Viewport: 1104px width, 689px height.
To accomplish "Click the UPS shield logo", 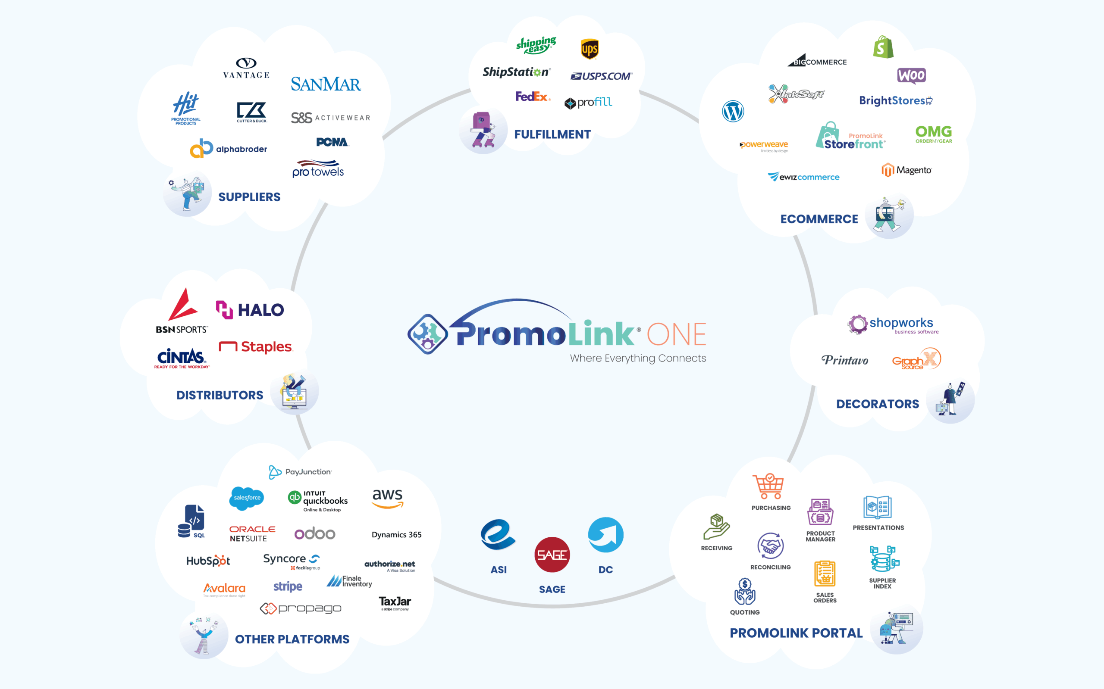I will point(589,49).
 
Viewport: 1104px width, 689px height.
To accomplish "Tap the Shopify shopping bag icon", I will point(883,47).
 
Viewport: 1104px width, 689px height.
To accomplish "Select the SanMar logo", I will point(326,84).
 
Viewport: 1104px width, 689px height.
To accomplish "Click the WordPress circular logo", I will point(733,111).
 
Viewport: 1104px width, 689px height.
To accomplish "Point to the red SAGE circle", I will point(552,555).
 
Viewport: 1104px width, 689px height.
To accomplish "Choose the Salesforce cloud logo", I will point(247,498).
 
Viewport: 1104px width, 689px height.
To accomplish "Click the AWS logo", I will point(388,498).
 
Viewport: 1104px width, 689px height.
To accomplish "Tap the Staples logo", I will point(255,347).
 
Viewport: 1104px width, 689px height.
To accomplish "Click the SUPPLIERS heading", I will point(249,197).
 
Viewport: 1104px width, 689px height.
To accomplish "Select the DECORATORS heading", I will point(877,404).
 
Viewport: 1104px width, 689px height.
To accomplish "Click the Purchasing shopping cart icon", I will point(769,486).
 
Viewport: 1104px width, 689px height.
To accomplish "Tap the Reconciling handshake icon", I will point(770,546).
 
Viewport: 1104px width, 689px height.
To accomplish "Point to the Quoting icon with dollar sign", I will point(745,591).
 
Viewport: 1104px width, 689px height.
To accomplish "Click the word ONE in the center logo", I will point(676,334).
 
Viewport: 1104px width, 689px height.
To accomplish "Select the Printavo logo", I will point(844,360).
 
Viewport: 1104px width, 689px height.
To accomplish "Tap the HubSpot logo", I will point(208,561).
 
